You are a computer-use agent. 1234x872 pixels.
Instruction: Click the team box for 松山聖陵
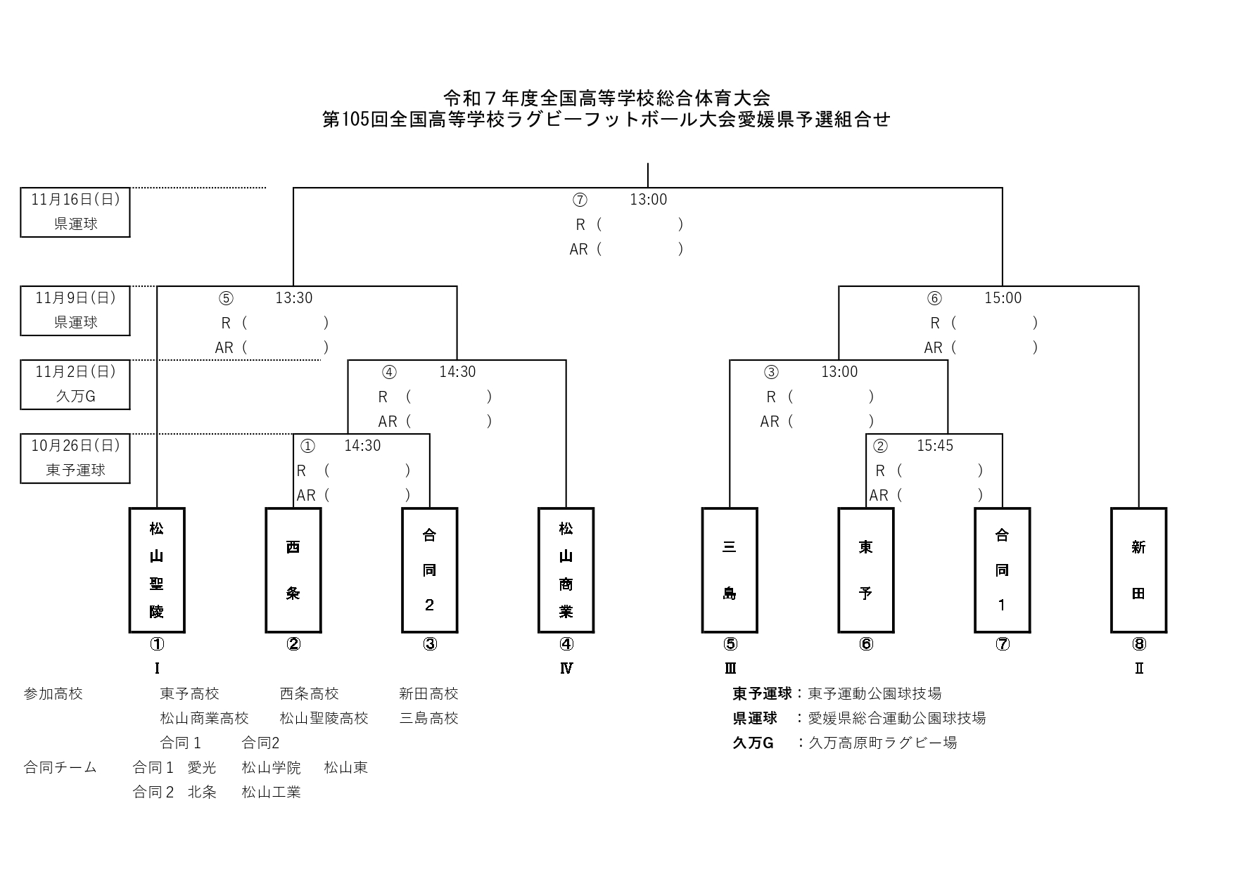point(157,570)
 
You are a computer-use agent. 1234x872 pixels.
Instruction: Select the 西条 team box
point(293,570)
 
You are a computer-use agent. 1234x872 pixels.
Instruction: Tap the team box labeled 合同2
point(430,570)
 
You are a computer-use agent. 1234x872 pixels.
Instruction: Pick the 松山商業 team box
point(566,570)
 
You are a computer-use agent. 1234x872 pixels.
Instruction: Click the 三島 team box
point(730,570)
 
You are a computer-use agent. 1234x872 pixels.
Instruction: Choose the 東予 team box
point(866,570)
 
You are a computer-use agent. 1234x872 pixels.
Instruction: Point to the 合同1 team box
point(1003,570)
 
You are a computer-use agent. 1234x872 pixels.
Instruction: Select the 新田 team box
point(1139,570)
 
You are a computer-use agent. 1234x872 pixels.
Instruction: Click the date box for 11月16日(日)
point(75,212)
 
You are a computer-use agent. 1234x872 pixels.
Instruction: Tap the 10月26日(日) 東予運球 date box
point(75,459)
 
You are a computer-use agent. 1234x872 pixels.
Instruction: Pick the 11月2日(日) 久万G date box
point(75,385)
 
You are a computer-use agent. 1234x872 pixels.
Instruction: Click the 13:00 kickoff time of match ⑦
point(648,200)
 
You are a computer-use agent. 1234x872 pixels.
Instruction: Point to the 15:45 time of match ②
point(935,446)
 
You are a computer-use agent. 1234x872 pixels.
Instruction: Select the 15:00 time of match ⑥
point(1003,298)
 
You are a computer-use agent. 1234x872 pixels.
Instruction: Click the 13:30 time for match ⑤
point(293,298)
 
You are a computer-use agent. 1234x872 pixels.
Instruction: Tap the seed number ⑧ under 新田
point(1139,644)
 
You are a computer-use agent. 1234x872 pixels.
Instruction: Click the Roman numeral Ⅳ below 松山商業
point(566,668)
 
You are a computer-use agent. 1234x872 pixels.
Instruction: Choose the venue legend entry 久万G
point(753,743)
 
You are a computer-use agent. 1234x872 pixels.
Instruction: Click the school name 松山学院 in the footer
point(271,767)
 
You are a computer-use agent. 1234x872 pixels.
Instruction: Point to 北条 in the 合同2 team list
point(202,792)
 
